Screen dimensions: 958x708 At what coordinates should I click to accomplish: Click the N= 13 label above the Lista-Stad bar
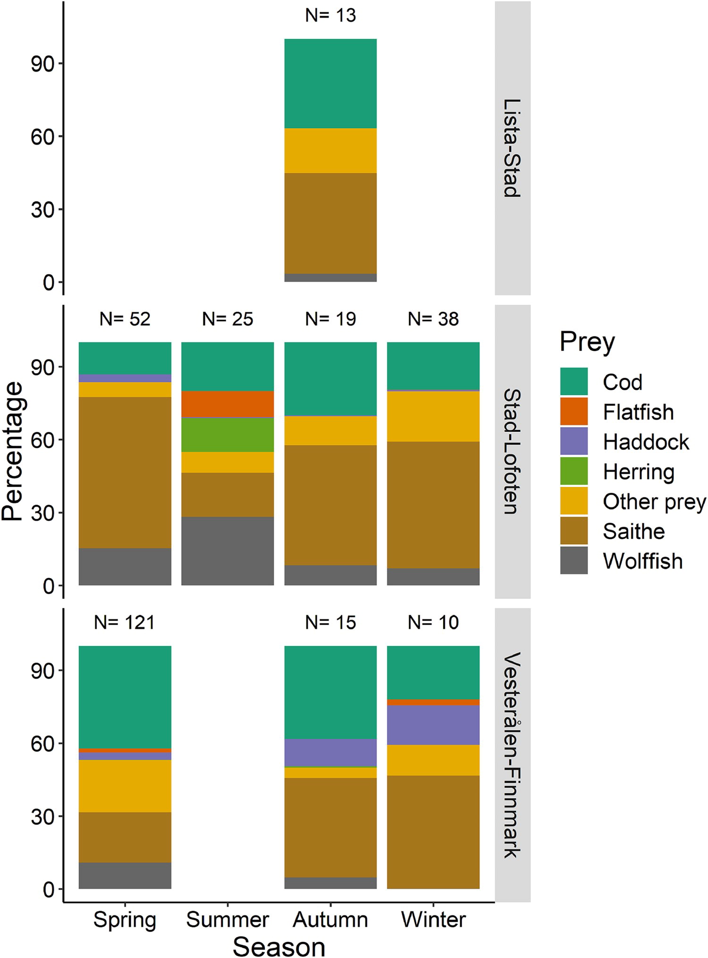pyautogui.click(x=330, y=16)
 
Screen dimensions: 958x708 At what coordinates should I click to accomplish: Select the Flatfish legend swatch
pyautogui.click(x=574, y=412)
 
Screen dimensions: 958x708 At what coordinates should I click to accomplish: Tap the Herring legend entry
pyautogui.click(x=639, y=471)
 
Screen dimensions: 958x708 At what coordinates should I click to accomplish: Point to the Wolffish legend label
pyautogui.click(x=643, y=561)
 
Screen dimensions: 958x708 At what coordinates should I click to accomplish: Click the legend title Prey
pyautogui.click(x=587, y=342)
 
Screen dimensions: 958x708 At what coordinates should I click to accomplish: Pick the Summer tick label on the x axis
pyautogui.click(x=228, y=919)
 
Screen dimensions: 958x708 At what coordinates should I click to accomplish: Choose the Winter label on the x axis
pyautogui.click(x=433, y=919)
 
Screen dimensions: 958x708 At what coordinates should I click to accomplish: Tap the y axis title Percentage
pyautogui.click(x=12, y=451)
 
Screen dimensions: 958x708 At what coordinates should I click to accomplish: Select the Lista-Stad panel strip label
pyautogui.click(x=512, y=148)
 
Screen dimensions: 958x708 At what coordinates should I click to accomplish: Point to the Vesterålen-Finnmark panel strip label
pyautogui.click(x=512, y=755)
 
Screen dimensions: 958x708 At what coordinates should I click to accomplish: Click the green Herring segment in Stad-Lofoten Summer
pyautogui.click(x=228, y=435)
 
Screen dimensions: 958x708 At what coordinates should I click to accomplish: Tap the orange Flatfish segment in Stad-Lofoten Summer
pyautogui.click(x=228, y=404)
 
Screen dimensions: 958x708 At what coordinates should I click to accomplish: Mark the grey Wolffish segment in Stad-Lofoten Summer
pyautogui.click(x=228, y=551)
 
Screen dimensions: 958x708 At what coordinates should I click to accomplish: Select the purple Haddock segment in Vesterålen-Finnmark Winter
pyautogui.click(x=433, y=725)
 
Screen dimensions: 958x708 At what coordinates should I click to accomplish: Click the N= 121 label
pyautogui.click(x=125, y=622)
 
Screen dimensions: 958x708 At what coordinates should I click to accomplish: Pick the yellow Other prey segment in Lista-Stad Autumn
pyautogui.click(x=330, y=151)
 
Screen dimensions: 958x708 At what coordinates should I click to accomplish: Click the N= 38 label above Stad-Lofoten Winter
pyautogui.click(x=433, y=319)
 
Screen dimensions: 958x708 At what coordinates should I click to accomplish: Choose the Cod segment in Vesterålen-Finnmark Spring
pyautogui.click(x=125, y=697)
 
